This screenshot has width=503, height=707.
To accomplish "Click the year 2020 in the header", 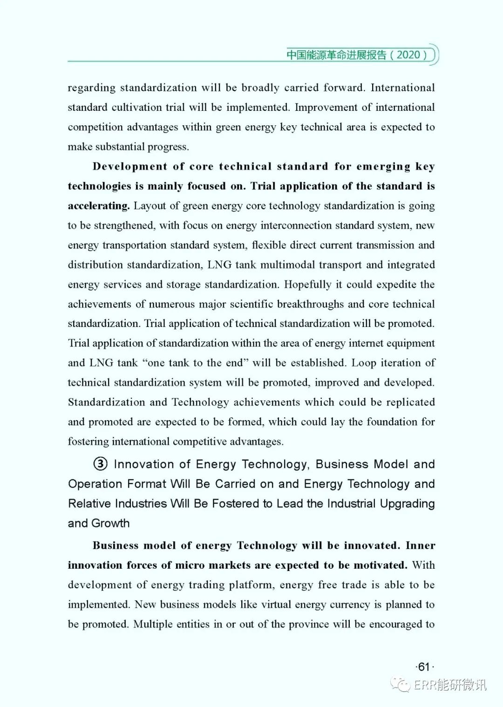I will click(408, 55).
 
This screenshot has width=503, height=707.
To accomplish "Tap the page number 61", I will click(423, 667).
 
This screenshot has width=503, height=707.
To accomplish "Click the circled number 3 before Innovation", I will click(100, 464).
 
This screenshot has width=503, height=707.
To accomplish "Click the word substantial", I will click(120, 147).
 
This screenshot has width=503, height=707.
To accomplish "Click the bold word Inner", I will click(420, 545).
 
